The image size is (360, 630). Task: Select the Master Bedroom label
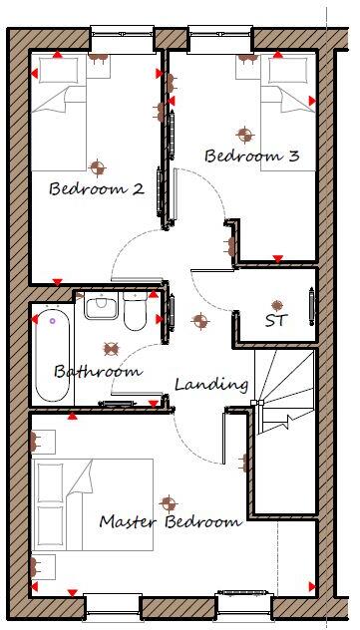tap(170, 521)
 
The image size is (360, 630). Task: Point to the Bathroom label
tap(97, 372)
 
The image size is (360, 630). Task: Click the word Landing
tap(211, 384)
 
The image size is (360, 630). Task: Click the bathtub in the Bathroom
tap(51, 355)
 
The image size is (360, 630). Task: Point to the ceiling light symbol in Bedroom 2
tap(96, 166)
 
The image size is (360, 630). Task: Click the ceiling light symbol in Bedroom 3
tap(240, 133)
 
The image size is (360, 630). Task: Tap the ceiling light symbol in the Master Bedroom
tap(168, 503)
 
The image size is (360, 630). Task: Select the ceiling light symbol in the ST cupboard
tap(277, 304)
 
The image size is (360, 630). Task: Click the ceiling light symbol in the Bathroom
tap(112, 350)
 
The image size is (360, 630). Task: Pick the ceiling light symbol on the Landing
tap(200, 322)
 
